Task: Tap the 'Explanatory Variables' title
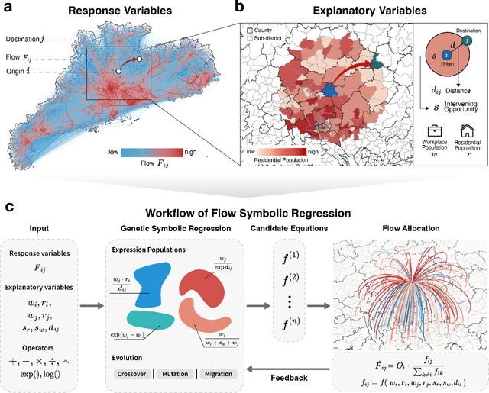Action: (x=355, y=11)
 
